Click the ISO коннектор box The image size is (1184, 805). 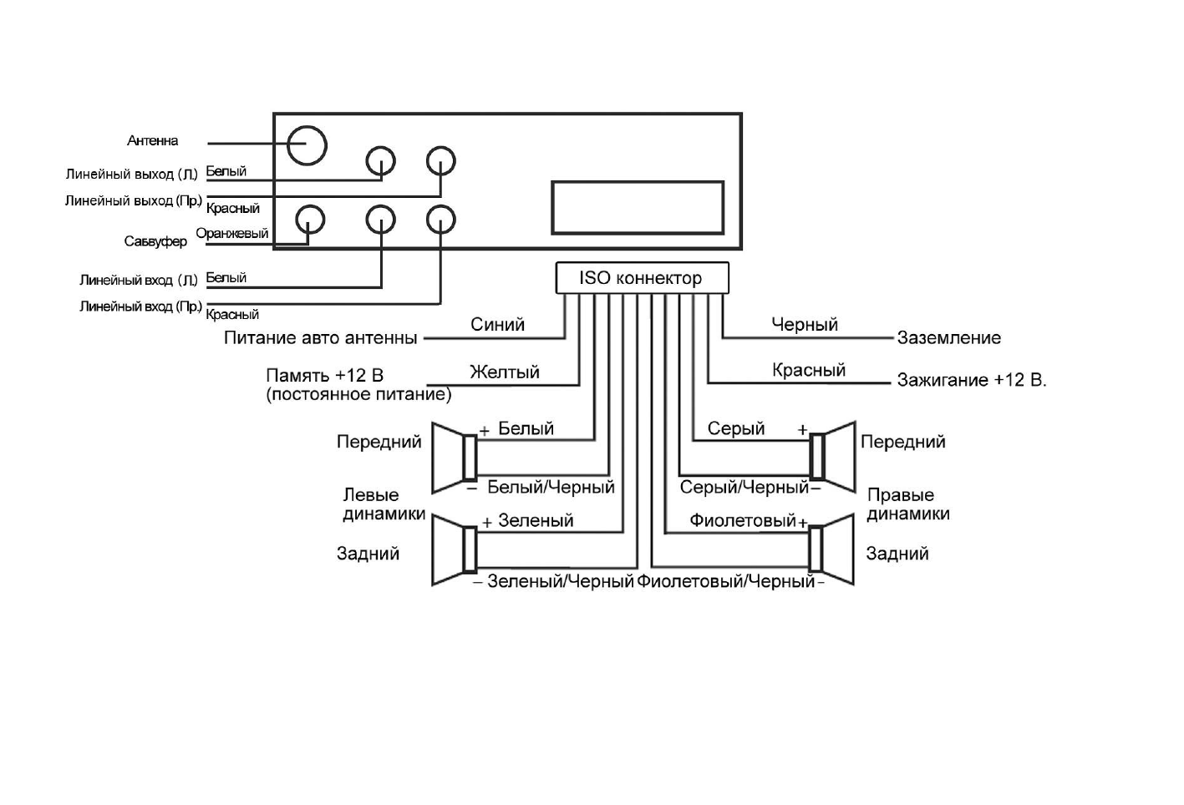click(x=642, y=278)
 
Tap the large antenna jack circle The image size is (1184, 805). click(x=307, y=145)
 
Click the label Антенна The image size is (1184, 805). click(x=152, y=141)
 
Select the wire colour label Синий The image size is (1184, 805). click(x=497, y=325)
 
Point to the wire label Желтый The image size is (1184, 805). click(x=504, y=372)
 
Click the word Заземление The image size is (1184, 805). click(x=948, y=338)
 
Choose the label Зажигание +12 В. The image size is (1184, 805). click(x=971, y=381)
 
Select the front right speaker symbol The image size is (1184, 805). click(x=832, y=457)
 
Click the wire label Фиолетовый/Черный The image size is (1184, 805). click(x=725, y=581)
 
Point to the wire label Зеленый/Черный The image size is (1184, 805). click(x=561, y=581)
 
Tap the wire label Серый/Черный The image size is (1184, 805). click(x=744, y=488)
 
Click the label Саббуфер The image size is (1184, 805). click(x=155, y=241)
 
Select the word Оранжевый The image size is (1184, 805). click(x=232, y=234)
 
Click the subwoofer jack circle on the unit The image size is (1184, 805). click(x=310, y=220)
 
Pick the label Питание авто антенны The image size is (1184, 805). click(x=320, y=338)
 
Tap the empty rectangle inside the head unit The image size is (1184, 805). click(x=637, y=208)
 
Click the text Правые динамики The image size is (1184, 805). click(x=907, y=504)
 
